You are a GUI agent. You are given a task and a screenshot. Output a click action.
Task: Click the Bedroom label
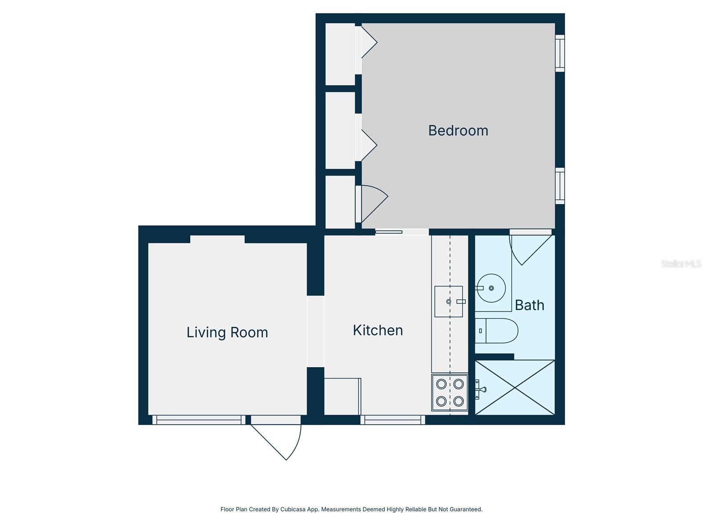[458, 130]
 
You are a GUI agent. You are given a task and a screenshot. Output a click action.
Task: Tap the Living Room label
[227, 332]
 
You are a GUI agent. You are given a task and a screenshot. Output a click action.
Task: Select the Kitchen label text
[378, 330]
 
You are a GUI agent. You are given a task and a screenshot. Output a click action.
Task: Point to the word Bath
[529, 305]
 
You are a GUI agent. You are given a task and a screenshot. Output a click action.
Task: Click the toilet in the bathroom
[496, 331]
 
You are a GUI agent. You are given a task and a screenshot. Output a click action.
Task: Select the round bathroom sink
[491, 289]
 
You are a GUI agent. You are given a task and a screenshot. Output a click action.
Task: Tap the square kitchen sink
[449, 301]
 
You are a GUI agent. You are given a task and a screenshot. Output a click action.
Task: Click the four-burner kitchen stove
[449, 393]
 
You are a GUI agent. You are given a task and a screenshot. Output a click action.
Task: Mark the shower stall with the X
[515, 387]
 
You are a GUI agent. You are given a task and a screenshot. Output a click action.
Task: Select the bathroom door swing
[527, 248]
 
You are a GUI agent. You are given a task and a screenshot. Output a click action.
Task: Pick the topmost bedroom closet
[340, 54]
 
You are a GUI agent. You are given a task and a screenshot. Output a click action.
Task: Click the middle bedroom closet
[340, 130]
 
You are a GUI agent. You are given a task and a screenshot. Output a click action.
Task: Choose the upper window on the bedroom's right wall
[560, 53]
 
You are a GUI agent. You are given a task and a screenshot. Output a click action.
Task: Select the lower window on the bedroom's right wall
[560, 186]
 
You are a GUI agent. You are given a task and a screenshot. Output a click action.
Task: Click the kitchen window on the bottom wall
[393, 420]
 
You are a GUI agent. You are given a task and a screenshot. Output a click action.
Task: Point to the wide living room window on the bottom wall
[199, 420]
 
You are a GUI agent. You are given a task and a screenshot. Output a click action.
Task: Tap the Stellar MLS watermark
[681, 264]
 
